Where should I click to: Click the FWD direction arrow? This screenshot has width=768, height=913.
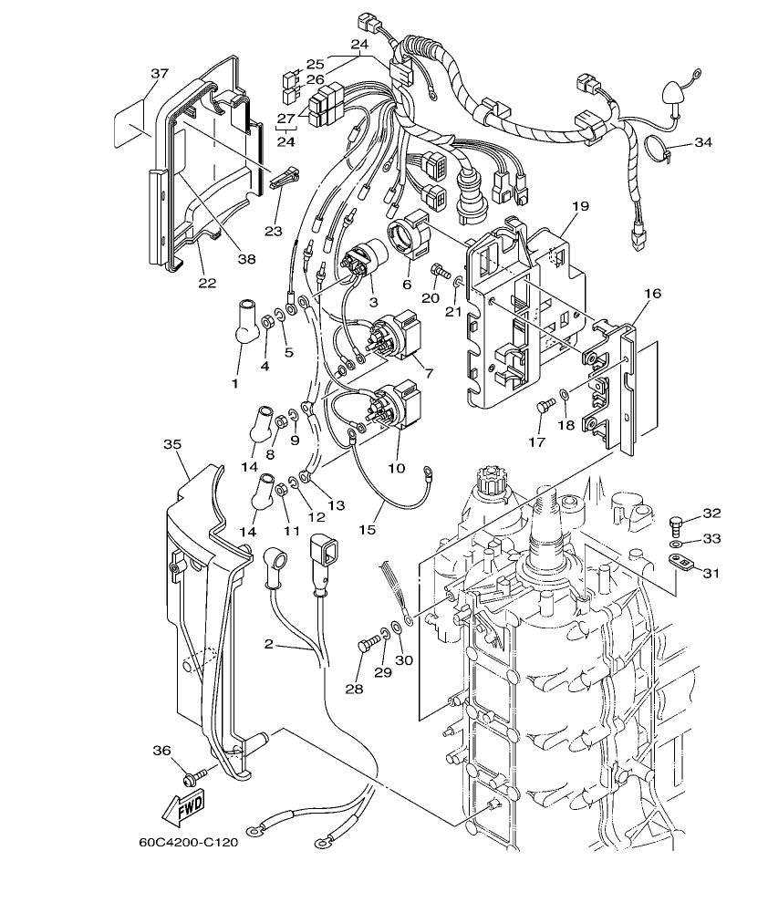coord(183,806)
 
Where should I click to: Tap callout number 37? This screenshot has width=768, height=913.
coord(161,73)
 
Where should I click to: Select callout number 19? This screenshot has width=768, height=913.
coord(580,207)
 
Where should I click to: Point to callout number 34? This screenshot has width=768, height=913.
coord(702,143)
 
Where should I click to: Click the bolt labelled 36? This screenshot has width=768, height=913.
coord(193,777)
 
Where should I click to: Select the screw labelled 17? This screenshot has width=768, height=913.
coord(545,408)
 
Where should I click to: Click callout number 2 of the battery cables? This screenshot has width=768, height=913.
coord(268,644)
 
